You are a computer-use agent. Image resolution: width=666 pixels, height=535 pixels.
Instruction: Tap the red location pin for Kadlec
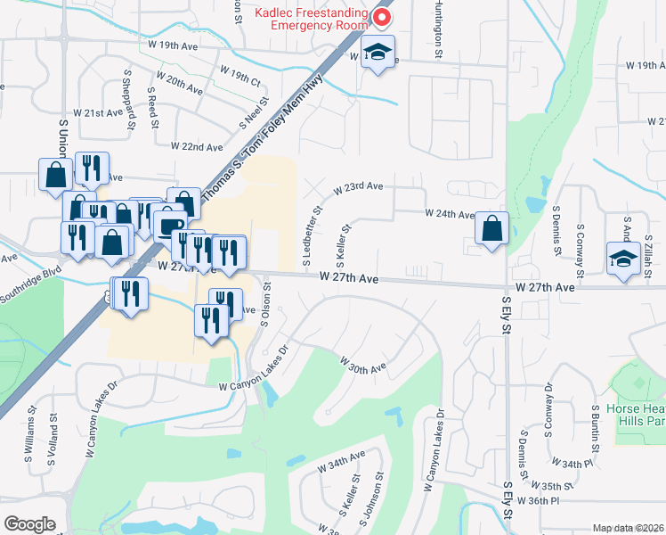click(x=384, y=18)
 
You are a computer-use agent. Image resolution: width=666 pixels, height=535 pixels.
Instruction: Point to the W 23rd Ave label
click(x=358, y=188)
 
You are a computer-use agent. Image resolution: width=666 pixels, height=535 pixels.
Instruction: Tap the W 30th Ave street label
click(x=361, y=364)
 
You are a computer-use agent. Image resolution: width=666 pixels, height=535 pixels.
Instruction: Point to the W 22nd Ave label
click(x=197, y=145)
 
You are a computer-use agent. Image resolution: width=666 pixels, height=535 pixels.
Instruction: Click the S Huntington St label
click(x=439, y=29)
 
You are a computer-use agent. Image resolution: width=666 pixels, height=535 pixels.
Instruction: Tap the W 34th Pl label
click(x=572, y=464)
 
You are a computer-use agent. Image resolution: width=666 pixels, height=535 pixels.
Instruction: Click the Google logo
click(x=30, y=524)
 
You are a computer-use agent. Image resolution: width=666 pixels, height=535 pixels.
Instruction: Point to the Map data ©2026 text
click(x=629, y=528)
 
